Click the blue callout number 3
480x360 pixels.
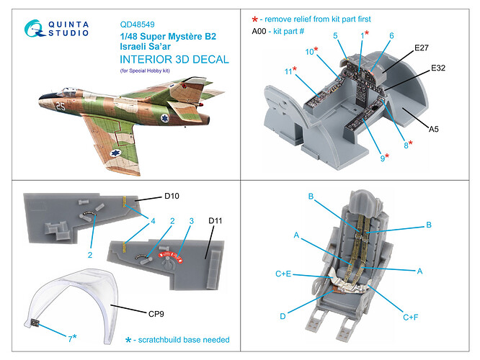pyautogui.click(x=191, y=221)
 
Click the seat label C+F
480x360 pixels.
pyautogui.click(x=411, y=317)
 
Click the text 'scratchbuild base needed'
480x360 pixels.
pyautogui.click(x=185, y=338)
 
